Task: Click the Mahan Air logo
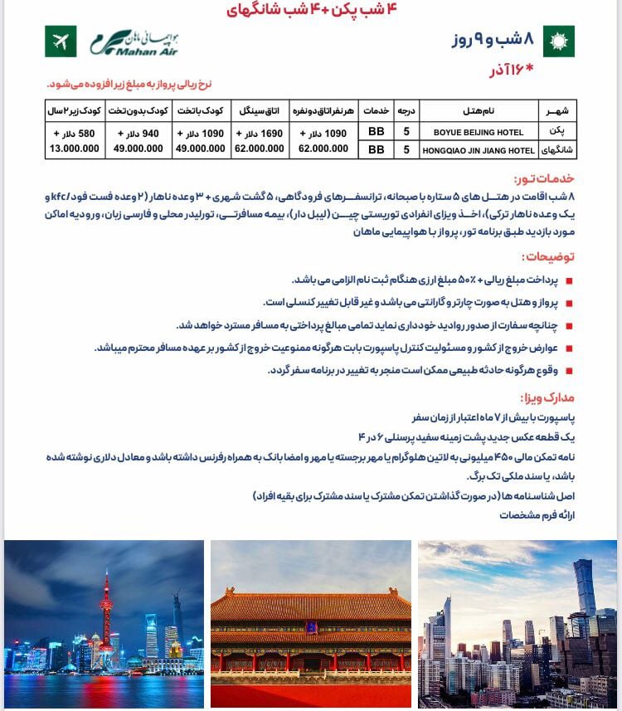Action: click(134, 41)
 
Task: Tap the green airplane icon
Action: click(61, 41)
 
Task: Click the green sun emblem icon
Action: click(558, 41)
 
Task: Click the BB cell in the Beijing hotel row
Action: click(376, 132)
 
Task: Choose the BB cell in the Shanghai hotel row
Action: click(376, 150)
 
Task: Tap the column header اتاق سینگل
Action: click(258, 110)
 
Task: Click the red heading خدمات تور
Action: click(543, 179)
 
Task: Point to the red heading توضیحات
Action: click(547, 257)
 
